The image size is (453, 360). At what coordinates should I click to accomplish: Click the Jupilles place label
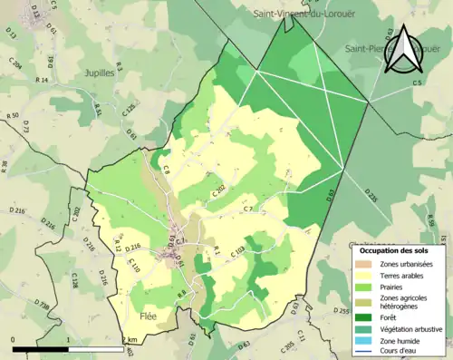[x=98, y=74]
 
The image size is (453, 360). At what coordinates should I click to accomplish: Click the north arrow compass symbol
[x=403, y=51]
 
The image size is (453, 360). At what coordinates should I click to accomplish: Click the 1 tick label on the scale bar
[x=69, y=341]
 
